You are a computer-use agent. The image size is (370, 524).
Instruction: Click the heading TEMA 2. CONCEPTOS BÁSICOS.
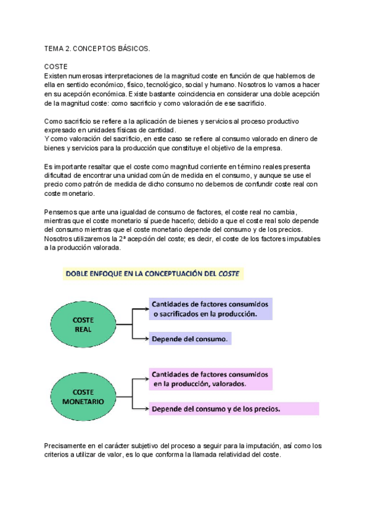[97, 48]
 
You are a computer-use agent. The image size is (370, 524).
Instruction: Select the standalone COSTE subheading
[56, 66]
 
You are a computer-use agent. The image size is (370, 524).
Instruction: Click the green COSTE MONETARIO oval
[83, 396]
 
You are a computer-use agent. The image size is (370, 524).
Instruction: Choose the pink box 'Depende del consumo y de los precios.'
[234, 408]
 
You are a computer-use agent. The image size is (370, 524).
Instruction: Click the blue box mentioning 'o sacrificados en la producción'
[210, 309]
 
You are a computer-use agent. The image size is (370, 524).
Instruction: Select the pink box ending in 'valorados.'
[210, 379]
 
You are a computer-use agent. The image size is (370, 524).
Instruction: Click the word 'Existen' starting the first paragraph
[57, 75]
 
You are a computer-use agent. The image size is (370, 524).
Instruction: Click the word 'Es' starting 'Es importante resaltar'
[49, 167]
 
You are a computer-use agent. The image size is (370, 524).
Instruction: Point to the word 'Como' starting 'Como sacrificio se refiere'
[54, 122]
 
